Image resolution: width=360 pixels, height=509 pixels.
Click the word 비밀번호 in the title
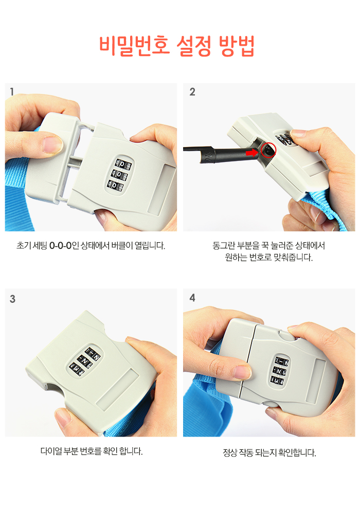[x=134, y=45]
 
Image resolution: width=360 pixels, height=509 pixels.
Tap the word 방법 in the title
[x=237, y=45]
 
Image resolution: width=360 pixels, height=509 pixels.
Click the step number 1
[x=12, y=92]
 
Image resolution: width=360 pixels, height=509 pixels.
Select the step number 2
[x=192, y=92]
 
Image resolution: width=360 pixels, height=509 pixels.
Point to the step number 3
[x=13, y=299]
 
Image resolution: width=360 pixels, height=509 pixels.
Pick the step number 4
[x=192, y=298]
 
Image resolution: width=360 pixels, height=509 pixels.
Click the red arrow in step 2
[x=251, y=152]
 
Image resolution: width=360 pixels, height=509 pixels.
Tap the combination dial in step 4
[x=280, y=371]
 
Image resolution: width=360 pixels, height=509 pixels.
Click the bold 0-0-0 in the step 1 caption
[x=60, y=246]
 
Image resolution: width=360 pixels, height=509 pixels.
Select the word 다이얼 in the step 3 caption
[x=51, y=451]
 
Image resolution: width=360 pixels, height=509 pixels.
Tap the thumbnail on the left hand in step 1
[x=53, y=144]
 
